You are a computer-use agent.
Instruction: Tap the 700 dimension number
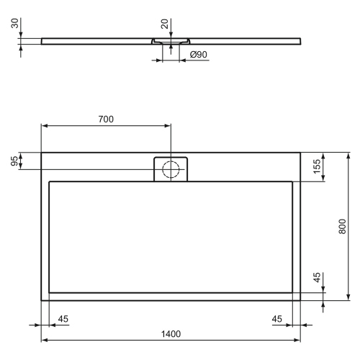tap(106, 119)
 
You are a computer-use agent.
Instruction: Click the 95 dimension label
tap(14, 161)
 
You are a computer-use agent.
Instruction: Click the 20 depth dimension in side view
tap(166, 25)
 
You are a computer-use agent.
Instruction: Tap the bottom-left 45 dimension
tap(63, 319)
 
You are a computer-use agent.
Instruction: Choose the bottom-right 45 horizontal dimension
tap(276, 319)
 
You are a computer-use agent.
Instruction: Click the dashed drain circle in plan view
tap(171, 170)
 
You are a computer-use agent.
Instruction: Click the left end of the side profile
tap(42, 40)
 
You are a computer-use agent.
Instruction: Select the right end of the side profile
tap(299, 40)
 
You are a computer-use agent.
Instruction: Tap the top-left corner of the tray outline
tap(42, 153)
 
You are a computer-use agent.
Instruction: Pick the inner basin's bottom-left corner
tap(49, 292)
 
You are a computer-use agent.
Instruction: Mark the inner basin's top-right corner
tap(292, 182)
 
